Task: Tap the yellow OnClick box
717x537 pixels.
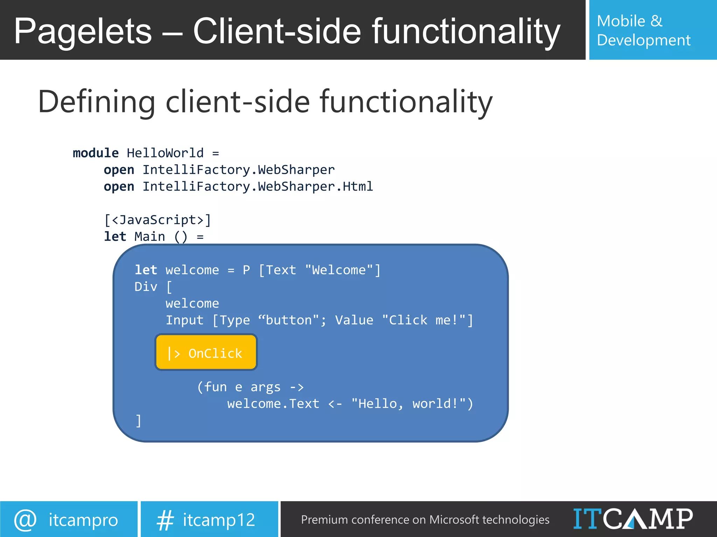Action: (206, 352)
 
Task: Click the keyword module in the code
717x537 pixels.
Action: (96, 153)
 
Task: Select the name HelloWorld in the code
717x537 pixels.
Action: (165, 153)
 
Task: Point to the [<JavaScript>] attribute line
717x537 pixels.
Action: (158, 220)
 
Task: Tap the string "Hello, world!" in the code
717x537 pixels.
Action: (409, 403)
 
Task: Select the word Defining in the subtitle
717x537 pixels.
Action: (97, 102)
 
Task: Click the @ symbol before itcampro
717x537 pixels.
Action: (25, 520)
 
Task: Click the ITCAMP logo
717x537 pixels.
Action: (633, 519)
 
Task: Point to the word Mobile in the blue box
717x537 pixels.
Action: (621, 21)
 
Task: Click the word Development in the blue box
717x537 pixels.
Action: (643, 40)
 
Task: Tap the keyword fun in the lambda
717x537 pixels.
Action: (216, 387)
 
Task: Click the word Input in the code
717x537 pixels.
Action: (185, 320)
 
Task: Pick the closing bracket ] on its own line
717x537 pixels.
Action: (139, 421)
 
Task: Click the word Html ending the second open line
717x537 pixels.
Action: (357, 186)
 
